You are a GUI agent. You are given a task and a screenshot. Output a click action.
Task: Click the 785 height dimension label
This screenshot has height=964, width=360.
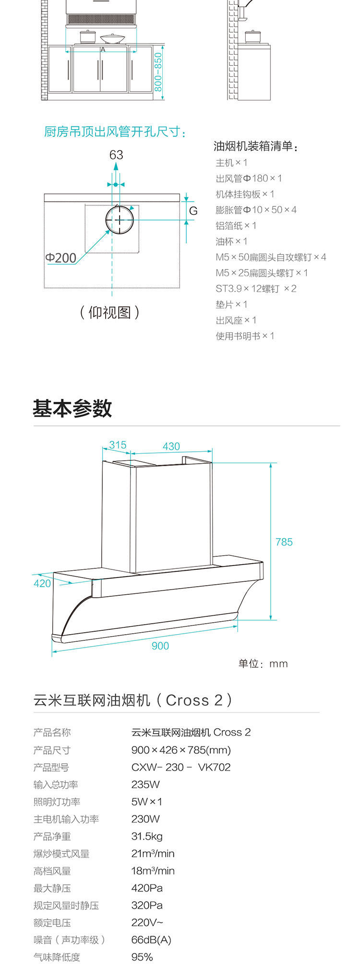(x=284, y=542)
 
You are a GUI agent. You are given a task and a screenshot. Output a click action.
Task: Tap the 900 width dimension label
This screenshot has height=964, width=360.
(x=160, y=646)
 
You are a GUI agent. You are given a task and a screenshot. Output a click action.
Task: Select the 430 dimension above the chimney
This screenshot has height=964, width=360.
(x=171, y=446)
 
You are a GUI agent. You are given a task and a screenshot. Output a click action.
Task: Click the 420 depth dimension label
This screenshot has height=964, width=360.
(x=42, y=583)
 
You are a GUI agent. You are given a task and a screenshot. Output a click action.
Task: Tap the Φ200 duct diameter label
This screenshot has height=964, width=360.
(x=61, y=258)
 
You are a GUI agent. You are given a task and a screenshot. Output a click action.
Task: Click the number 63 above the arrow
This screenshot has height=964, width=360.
(x=116, y=155)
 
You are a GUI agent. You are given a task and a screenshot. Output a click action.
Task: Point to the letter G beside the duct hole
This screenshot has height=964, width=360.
(x=193, y=211)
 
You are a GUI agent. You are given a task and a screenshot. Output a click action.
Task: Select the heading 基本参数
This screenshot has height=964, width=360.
(x=72, y=409)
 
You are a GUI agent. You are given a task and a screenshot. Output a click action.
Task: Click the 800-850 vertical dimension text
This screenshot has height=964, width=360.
(x=158, y=72)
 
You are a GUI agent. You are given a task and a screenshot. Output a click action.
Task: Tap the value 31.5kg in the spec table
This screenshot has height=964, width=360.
(x=147, y=836)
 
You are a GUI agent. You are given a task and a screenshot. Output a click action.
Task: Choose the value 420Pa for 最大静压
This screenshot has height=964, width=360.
(x=147, y=888)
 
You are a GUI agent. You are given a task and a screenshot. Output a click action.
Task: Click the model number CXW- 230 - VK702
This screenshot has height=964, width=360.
(x=181, y=767)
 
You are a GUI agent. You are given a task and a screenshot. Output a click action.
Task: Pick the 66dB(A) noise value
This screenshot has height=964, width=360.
(x=151, y=940)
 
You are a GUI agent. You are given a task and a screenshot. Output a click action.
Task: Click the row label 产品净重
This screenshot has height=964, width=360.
(x=52, y=836)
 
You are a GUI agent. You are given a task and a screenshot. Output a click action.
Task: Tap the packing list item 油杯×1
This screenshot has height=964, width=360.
(x=231, y=241)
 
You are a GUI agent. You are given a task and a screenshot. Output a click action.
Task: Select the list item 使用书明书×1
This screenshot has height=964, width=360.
(x=245, y=336)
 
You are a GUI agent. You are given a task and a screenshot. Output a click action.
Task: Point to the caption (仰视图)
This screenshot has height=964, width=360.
(x=110, y=313)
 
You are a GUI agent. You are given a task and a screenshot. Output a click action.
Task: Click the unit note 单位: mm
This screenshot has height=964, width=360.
(x=263, y=664)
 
